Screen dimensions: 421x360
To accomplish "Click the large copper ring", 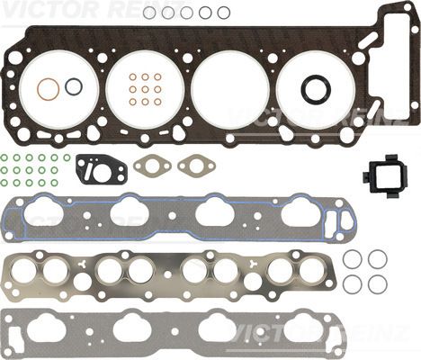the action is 38,88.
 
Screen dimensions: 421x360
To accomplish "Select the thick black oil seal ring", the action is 303,88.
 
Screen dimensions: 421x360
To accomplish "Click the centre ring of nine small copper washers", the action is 145,89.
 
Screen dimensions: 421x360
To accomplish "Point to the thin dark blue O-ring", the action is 66,87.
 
